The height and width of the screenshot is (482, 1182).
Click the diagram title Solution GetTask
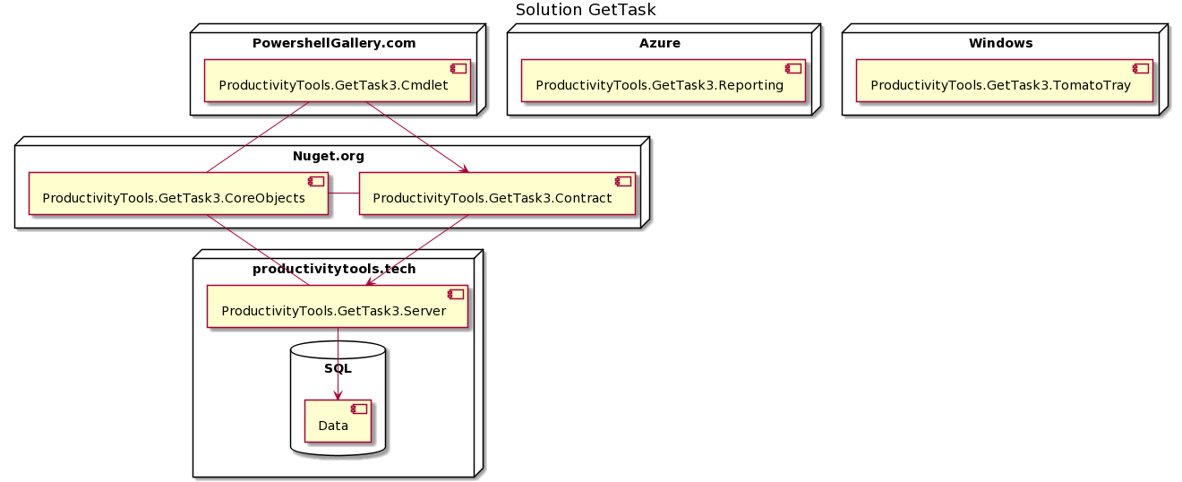[x=586, y=10]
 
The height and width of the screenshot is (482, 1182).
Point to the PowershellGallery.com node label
[x=334, y=43]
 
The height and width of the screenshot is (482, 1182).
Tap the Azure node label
[x=659, y=43]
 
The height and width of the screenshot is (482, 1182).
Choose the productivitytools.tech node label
[x=334, y=269]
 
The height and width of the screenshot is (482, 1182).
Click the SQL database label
[x=338, y=368]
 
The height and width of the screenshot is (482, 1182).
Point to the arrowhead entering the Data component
[x=338, y=395]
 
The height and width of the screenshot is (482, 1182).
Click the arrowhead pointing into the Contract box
[x=463, y=168]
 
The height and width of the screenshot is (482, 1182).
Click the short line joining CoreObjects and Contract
[x=343, y=194]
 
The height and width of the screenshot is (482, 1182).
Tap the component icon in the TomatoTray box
[x=1140, y=68]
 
